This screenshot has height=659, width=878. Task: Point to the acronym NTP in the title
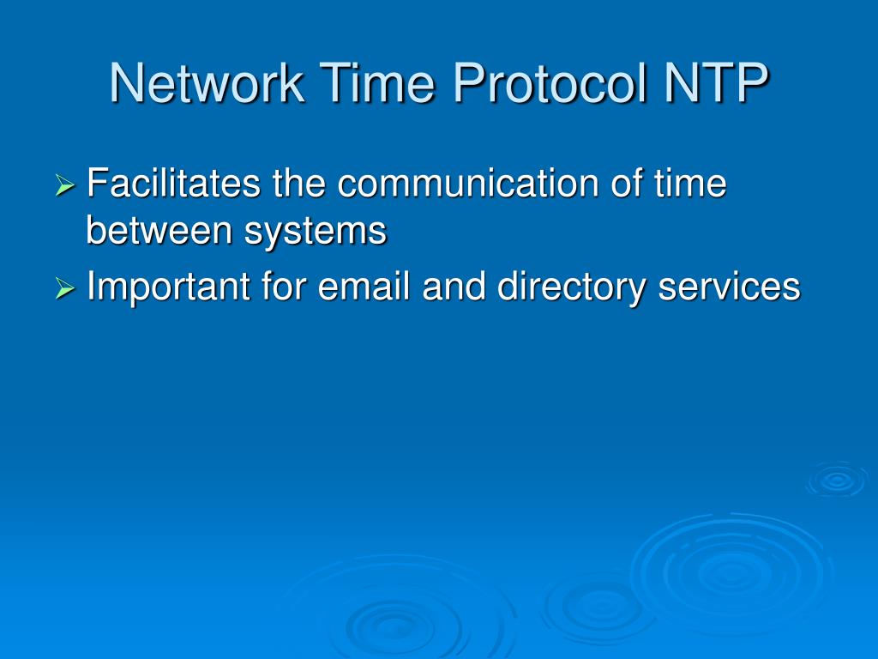pyautogui.click(x=717, y=83)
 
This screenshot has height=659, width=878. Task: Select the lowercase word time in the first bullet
pyautogui.click(x=690, y=184)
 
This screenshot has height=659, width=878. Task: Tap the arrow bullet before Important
pyautogui.click(x=66, y=289)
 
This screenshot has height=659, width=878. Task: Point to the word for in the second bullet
pyautogui.click(x=283, y=287)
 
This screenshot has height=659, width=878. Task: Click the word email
pyautogui.click(x=366, y=287)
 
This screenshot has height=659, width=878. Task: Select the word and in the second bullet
pyautogui.click(x=455, y=287)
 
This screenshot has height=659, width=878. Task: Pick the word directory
pyautogui.click(x=571, y=288)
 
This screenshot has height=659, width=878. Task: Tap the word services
pyautogui.click(x=729, y=287)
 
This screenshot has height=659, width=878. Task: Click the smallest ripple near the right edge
pyautogui.click(x=837, y=480)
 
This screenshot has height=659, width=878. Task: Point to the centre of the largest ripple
pyautogui.click(x=729, y=571)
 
